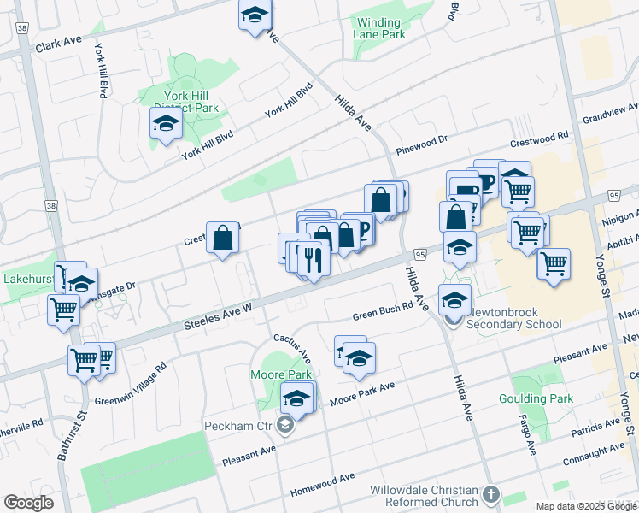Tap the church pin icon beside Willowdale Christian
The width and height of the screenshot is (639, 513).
(x=490, y=494)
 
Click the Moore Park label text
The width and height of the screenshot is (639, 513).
(x=280, y=374)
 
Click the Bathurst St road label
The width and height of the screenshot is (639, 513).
(x=73, y=436)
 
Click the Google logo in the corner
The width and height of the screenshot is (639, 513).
(x=28, y=502)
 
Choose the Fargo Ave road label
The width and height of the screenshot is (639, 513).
(x=526, y=433)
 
